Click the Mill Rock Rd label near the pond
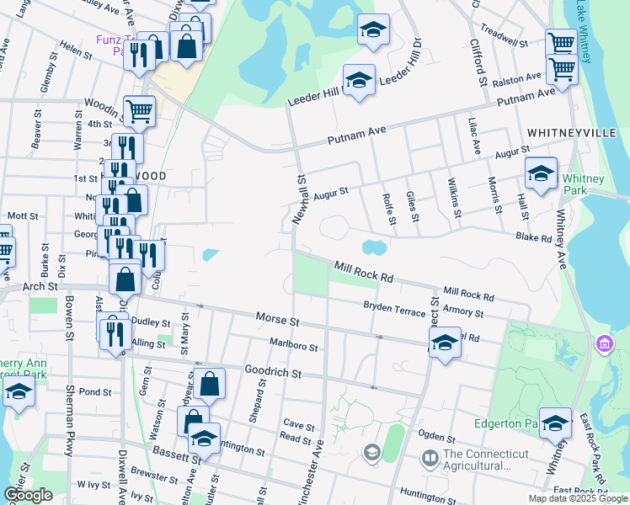pyautogui.click(x=364, y=271)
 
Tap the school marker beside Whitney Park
pyautogui.click(x=541, y=174)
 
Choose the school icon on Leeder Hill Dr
pyautogui.click(x=360, y=81)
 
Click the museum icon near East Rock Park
pyautogui.click(x=604, y=343)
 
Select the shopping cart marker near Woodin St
pyautogui.click(x=139, y=109)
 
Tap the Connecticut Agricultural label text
pyautogui.click(x=477, y=460)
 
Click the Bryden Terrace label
pyautogui.click(x=394, y=309)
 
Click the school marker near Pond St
pyautogui.click(x=18, y=391)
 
